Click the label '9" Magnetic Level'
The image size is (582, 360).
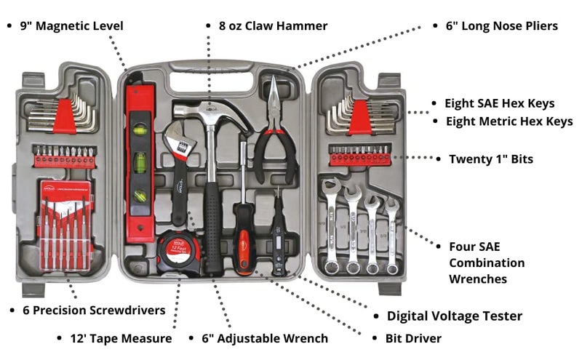coord(71,26)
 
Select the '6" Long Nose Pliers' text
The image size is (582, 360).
coord(501,26)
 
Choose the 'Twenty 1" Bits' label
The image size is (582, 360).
coord(490,159)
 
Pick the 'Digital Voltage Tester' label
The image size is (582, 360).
coord(454,316)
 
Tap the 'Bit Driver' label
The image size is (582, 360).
coord(413,338)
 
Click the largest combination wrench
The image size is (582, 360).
coord(332,222)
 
